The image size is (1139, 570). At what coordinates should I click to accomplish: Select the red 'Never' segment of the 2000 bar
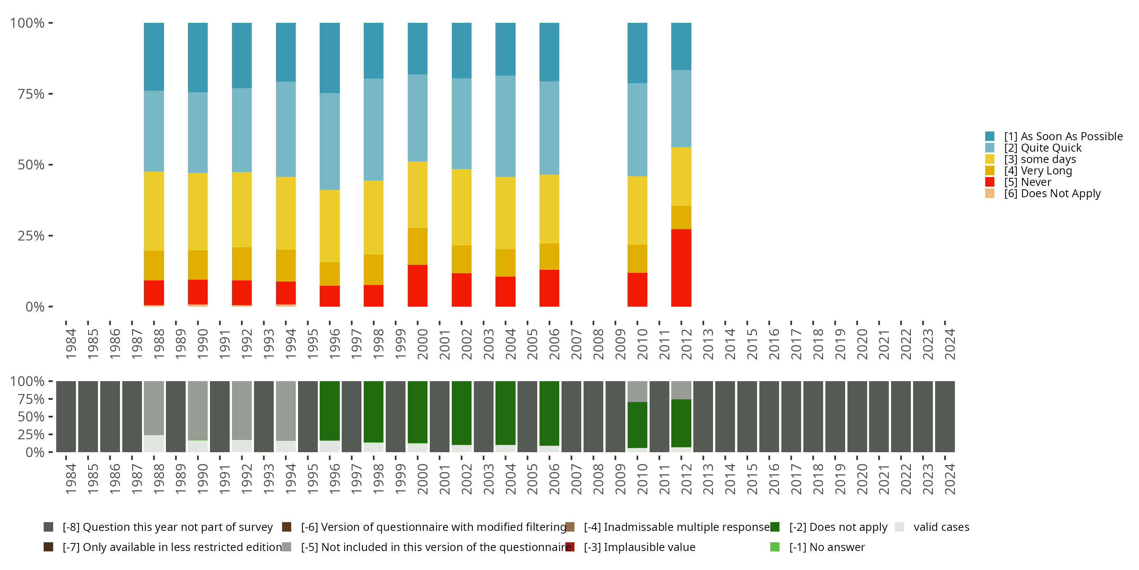pyautogui.click(x=417, y=285)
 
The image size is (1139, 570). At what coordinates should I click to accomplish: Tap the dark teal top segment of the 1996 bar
pyautogui.click(x=330, y=57)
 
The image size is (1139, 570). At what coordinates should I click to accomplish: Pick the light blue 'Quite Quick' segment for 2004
pyautogui.click(x=505, y=126)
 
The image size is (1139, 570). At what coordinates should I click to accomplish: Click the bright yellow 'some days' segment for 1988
pyautogui.click(x=153, y=211)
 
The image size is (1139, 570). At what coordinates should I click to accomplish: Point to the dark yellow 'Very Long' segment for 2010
pyautogui.click(x=637, y=258)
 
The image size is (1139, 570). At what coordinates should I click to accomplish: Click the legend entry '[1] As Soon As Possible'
pyautogui.click(x=1063, y=136)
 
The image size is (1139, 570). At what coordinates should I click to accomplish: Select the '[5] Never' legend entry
pyautogui.click(x=1028, y=182)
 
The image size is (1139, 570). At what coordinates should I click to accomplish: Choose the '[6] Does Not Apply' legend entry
pyautogui.click(x=1052, y=193)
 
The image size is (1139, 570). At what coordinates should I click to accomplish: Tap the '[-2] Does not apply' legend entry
pyautogui.click(x=838, y=527)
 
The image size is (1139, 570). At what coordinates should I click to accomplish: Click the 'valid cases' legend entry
pyautogui.click(x=941, y=527)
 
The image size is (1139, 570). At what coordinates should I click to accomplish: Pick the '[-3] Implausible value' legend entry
pyautogui.click(x=639, y=547)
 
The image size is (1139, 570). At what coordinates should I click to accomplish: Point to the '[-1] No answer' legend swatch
pyautogui.click(x=775, y=547)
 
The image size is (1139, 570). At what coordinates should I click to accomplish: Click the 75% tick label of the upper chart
pyautogui.click(x=31, y=94)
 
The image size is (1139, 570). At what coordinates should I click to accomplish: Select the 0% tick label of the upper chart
pyautogui.click(x=35, y=307)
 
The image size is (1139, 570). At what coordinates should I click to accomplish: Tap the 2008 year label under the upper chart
pyautogui.click(x=598, y=344)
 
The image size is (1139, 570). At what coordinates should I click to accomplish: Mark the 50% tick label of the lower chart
pyautogui.click(x=31, y=416)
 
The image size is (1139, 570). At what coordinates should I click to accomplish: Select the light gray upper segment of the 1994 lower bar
pyautogui.click(x=286, y=410)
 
